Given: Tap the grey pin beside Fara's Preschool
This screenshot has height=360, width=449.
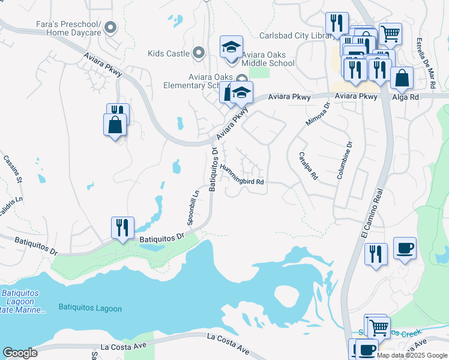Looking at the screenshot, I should [110, 27].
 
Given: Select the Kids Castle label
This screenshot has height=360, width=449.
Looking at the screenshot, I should [169, 53].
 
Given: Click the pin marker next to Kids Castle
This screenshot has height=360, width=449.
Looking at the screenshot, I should [199, 53].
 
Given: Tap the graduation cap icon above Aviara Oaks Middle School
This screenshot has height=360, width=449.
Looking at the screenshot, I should [231, 47].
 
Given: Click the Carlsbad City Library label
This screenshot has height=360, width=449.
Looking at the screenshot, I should [296, 36].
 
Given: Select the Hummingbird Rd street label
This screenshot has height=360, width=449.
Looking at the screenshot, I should [242, 175].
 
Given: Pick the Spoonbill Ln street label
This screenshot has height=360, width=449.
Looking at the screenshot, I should [193, 208].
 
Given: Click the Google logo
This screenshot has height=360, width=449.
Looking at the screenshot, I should [20, 353].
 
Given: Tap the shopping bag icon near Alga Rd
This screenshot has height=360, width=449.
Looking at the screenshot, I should [401, 78].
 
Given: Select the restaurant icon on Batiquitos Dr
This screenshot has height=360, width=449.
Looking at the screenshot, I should [122, 227].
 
